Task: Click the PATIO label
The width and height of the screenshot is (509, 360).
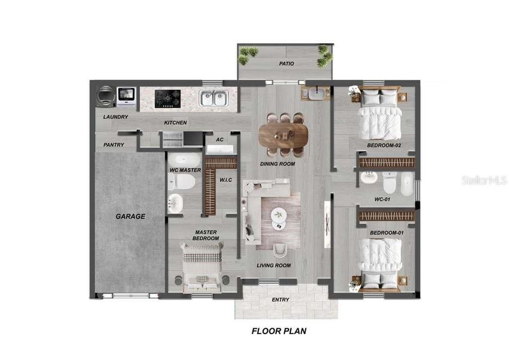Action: pyautogui.click(x=285, y=63)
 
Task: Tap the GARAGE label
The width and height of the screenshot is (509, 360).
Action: pyautogui.click(x=131, y=216)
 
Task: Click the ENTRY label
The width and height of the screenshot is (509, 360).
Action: pyautogui.click(x=281, y=299)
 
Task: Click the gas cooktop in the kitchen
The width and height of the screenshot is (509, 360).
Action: pyautogui.click(x=167, y=98)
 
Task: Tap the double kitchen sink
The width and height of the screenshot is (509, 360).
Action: pyautogui.click(x=213, y=98)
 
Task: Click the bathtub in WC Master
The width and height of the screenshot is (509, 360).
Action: pyautogui.click(x=183, y=160)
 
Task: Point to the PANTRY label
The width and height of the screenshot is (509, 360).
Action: pyautogui.click(x=114, y=145)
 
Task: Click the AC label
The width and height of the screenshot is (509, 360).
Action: pyautogui.click(x=219, y=140)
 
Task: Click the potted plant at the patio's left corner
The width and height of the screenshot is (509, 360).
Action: pyautogui.click(x=245, y=55)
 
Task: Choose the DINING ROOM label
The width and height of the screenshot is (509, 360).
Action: pyautogui.click(x=278, y=164)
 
